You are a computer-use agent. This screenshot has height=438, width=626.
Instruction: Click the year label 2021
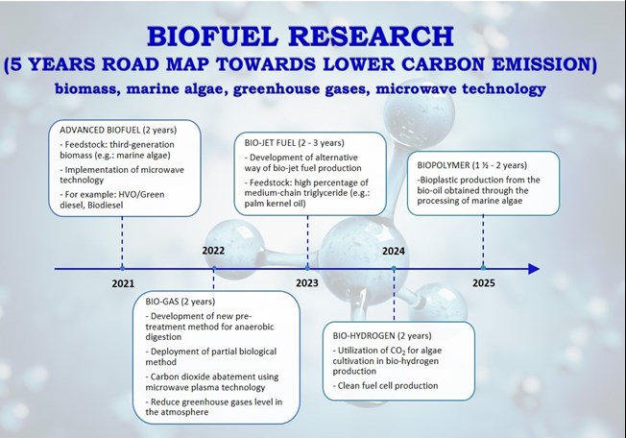pos(123,284)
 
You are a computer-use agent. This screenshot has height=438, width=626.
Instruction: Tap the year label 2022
pos(213,251)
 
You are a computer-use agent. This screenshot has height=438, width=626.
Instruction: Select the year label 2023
pos(307,283)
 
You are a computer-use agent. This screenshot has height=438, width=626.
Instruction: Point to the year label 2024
pos(394,251)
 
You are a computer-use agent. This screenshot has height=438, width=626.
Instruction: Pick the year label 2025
pos(484,283)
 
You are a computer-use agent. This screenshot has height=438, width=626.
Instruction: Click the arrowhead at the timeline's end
pos(534,269)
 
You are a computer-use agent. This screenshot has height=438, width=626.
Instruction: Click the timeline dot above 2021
pos(122,268)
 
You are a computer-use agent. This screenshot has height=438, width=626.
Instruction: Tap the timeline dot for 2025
pos(483,268)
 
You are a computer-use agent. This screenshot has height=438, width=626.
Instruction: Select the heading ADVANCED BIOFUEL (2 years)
pos(118,131)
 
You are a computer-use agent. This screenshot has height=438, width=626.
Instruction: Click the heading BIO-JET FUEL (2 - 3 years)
pos(294,143)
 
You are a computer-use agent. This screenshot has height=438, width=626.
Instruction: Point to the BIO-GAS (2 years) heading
pos(181,302)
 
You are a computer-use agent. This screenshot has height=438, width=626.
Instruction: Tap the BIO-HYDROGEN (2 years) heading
pos(382,336)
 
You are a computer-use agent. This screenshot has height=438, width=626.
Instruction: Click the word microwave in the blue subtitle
pos(416,88)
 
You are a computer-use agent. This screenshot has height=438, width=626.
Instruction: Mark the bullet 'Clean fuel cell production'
pos(385,386)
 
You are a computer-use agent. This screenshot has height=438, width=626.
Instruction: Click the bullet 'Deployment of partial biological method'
pos(211,356)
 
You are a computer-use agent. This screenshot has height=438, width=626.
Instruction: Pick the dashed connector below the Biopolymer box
pos(483,240)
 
